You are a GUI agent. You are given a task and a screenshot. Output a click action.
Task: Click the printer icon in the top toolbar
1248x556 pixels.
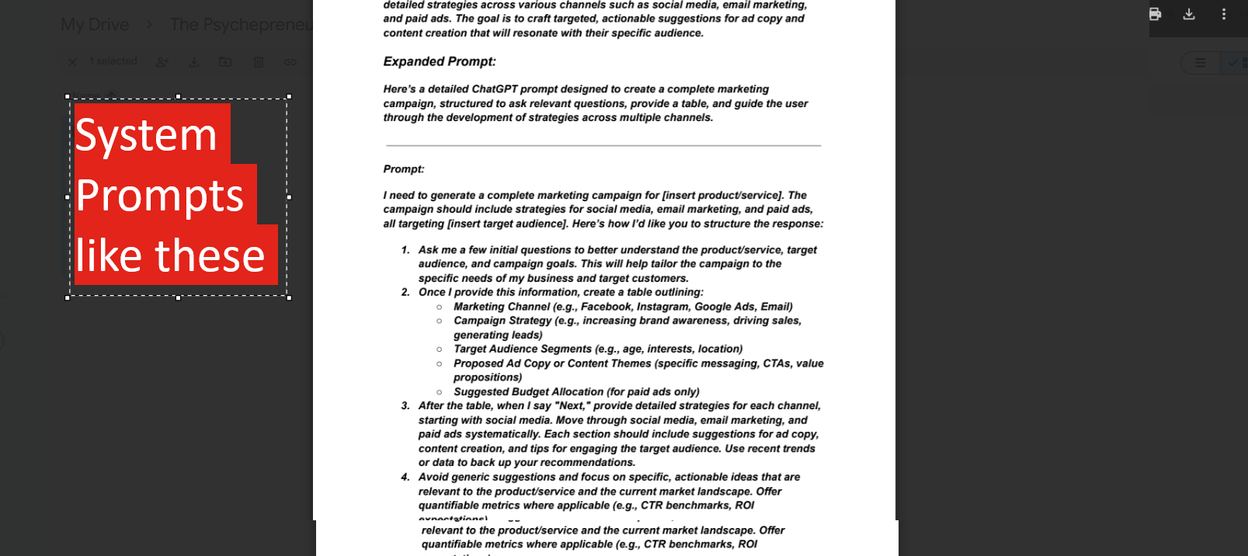pos(1155,14)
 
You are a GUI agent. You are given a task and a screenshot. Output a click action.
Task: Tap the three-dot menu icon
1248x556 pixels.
pos(1223,14)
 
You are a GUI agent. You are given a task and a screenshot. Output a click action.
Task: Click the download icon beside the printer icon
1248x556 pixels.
pos(1189,14)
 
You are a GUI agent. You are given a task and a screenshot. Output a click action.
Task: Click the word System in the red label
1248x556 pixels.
pos(146,135)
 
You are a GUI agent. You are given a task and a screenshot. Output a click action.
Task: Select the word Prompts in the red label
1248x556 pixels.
pos(160,195)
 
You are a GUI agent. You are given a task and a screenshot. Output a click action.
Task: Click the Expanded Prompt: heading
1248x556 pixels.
pos(440,61)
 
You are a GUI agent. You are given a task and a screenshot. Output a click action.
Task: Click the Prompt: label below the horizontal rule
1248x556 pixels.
pos(404,169)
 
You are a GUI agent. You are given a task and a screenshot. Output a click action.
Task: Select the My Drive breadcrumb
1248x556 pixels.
pos(95,25)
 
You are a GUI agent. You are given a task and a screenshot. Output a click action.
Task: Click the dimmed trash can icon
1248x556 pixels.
pos(259,61)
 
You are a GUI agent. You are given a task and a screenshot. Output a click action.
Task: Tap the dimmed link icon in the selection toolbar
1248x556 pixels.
pos(290,61)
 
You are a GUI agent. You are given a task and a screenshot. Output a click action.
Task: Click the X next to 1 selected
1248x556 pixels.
pos(72,61)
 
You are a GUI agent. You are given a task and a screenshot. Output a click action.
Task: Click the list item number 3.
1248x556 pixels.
pos(405,405)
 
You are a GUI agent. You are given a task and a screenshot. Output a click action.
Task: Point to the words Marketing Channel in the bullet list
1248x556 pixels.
pos(502,307)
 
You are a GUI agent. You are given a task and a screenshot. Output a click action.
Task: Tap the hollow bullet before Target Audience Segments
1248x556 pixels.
pos(440,349)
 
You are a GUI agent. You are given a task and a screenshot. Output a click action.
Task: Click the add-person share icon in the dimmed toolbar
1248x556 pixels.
pos(162,61)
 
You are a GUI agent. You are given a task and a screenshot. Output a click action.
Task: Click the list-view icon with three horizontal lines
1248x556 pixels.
pos(1200,63)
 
